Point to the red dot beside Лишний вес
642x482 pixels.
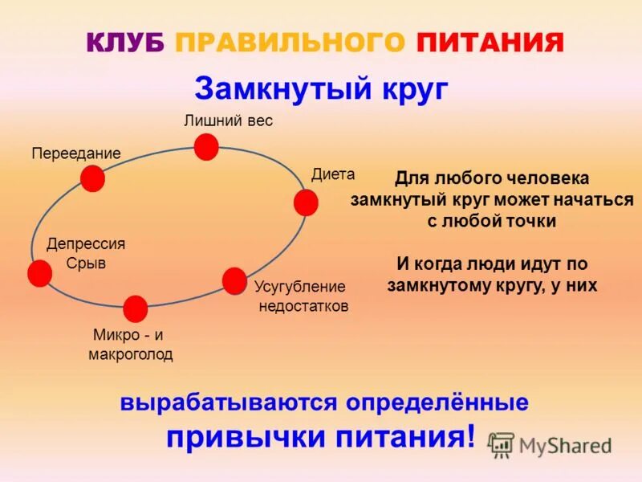click(206, 147)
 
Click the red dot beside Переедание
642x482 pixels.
click(92, 178)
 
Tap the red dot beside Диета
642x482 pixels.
click(305, 202)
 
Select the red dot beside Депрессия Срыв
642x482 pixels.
click(39, 274)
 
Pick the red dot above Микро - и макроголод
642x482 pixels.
click(136, 308)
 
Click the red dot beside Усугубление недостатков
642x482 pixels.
click(234, 280)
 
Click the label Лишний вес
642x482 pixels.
click(229, 121)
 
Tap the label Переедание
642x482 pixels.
click(76, 153)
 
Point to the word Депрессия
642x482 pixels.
click(86, 243)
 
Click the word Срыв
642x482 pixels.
click(86, 263)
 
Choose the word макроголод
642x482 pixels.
click(130, 354)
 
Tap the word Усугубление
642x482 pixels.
click(299, 287)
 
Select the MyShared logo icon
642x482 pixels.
click(502, 444)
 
